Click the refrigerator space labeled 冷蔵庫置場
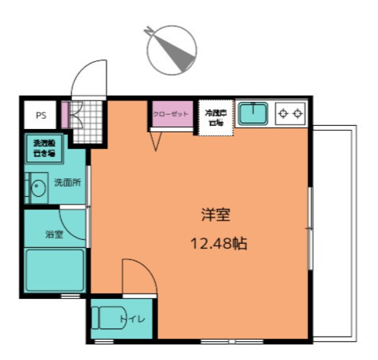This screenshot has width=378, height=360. click(x=215, y=117)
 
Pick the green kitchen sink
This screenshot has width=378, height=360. click(x=254, y=115)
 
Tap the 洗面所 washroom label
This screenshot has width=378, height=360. click(x=67, y=183)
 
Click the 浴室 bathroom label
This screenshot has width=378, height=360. click(x=54, y=234)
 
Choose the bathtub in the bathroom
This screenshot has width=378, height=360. click(x=54, y=270)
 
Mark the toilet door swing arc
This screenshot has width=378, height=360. click(x=137, y=276)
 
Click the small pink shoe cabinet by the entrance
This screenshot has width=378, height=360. click(x=65, y=115)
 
